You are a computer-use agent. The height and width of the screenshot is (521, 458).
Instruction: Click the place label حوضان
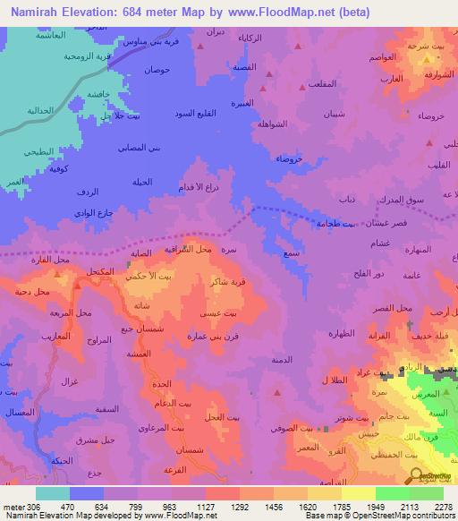pyautogui.click(x=157, y=70)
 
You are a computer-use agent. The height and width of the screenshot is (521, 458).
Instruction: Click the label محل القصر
pyautogui.click(x=393, y=308)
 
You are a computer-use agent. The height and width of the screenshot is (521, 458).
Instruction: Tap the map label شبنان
pyautogui.click(x=331, y=113)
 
